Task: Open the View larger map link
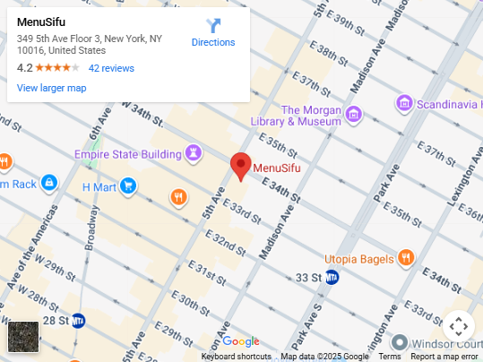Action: pyautogui.click(x=51, y=88)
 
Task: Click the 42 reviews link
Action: pyautogui.click(x=111, y=68)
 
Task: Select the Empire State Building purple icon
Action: pyautogui.click(x=192, y=152)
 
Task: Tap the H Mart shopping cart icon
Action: pyautogui.click(x=128, y=186)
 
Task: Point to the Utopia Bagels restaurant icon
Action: pyautogui.click(x=407, y=259)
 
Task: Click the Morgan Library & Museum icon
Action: pyautogui.click(x=354, y=114)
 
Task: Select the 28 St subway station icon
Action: pyautogui.click(x=79, y=319)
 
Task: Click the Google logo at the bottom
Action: pyautogui.click(x=240, y=341)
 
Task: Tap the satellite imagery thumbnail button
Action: pyautogui.click(x=23, y=337)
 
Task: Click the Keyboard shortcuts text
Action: pyautogui.click(x=236, y=357)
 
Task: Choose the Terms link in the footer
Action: pyautogui.click(x=390, y=357)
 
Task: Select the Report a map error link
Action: pyautogui.click(x=444, y=357)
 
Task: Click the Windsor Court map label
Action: pyautogui.click(x=447, y=343)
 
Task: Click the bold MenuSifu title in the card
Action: pyautogui.click(x=41, y=21)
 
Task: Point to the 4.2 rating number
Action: pyautogui.click(x=24, y=68)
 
